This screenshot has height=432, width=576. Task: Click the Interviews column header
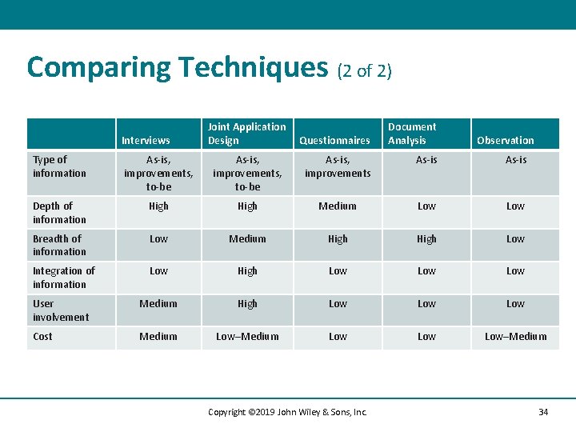coord(146,140)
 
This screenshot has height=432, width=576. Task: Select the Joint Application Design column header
coord(246,134)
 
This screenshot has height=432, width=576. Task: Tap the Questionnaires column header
coord(334,140)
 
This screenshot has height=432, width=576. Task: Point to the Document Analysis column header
coord(412,134)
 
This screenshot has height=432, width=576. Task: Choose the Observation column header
coord(505,140)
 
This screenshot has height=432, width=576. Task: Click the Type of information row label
coord(59,166)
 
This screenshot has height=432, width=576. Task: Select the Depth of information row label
coord(59,213)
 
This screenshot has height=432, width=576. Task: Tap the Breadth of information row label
coord(59,245)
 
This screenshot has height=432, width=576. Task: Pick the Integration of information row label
coord(63,278)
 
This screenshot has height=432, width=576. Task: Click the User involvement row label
coord(61,310)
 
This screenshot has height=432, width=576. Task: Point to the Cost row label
coord(42,337)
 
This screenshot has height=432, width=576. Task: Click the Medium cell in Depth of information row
coord(338,206)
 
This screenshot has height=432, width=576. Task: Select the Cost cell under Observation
coord(515,337)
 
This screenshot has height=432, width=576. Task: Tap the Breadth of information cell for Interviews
coord(158,239)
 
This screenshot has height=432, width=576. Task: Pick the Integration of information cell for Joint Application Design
coord(247,271)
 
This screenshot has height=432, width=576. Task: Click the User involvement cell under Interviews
coord(158,304)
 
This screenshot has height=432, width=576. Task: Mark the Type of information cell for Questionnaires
coord(338,166)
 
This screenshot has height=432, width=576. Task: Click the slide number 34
coord(543,412)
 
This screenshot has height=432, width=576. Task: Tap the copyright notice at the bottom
coord(287,412)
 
